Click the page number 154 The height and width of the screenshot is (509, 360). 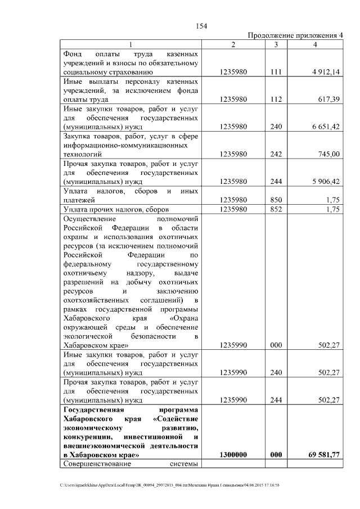[201, 26]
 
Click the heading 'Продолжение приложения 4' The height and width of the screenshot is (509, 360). [295, 36]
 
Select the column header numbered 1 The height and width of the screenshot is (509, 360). [131, 44]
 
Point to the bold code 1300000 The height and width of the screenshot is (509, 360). [234, 454]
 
